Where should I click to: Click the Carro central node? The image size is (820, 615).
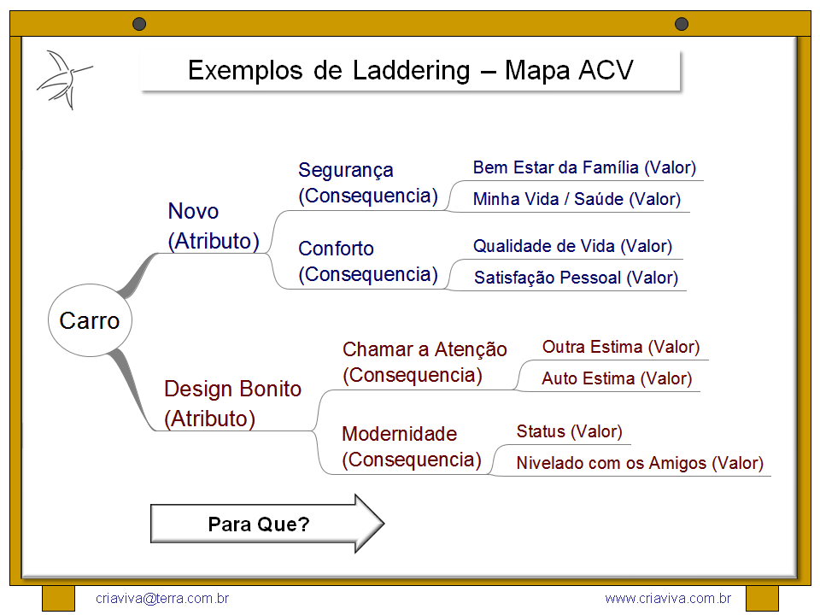(x=90, y=321)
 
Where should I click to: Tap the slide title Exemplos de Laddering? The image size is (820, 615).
(x=410, y=70)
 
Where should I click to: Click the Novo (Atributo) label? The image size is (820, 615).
(x=213, y=226)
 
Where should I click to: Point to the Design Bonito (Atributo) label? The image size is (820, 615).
(x=232, y=404)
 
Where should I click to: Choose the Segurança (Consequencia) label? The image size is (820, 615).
(x=367, y=183)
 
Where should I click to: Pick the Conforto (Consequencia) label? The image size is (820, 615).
(x=367, y=261)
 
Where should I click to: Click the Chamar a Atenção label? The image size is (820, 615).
(x=425, y=361)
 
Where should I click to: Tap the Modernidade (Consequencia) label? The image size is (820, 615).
(x=412, y=447)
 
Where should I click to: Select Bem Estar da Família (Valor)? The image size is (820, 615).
(x=584, y=167)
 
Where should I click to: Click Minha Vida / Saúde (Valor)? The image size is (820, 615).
(x=577, y=199)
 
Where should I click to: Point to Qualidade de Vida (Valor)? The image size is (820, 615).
(x=572, y=246)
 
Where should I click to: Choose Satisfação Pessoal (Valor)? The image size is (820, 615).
(x=576, y=278)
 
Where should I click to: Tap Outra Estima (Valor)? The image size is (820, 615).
(x=621, y=347)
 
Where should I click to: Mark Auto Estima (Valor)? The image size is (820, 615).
(x=617, y=378)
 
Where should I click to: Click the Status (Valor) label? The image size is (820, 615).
(x=569, y=431)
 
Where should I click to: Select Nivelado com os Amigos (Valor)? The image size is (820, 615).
(x=639, y=463)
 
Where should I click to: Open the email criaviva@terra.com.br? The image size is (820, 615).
(x=162, y=599)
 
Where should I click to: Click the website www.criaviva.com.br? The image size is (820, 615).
(x=667, y=599)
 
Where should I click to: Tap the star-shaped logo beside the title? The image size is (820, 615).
(x=62, y=79)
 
